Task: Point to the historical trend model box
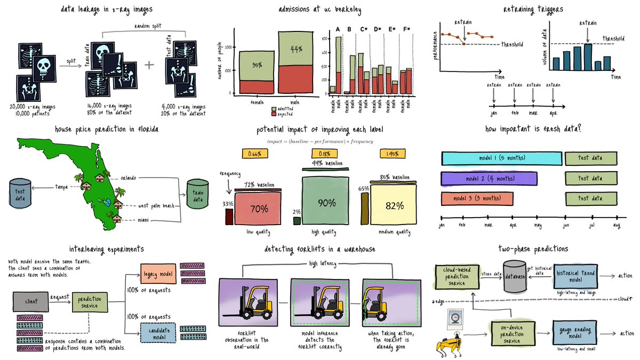coord(575,276)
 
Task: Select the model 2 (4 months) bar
coord(489,178)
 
